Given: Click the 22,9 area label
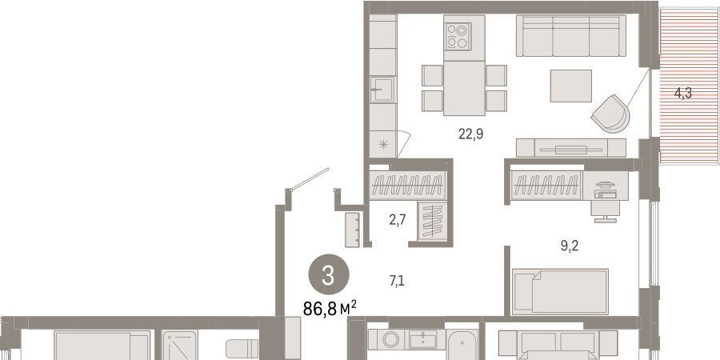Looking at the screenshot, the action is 470,134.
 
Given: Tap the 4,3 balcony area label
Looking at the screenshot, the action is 683,94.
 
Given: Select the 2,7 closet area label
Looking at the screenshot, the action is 397,220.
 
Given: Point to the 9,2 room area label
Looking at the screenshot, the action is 569,246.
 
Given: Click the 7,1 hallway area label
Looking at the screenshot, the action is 397,281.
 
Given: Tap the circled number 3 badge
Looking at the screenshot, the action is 328,274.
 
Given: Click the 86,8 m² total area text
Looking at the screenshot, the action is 330,308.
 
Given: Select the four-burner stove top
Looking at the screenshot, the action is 458,36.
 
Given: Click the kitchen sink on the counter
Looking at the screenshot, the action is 382,90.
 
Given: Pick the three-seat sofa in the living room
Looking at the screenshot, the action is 570,35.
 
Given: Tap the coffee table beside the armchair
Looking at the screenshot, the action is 570,86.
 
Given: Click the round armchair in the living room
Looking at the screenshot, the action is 610,114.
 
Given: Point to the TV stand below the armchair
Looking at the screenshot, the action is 570,148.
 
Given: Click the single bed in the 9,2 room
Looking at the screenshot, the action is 560,291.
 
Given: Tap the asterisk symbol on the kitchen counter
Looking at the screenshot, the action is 383,145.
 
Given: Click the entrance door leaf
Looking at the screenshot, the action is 310,179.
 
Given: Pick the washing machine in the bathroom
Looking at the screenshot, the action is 390,340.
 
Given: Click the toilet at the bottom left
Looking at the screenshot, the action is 242,349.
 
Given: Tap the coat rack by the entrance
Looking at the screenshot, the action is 352,230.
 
